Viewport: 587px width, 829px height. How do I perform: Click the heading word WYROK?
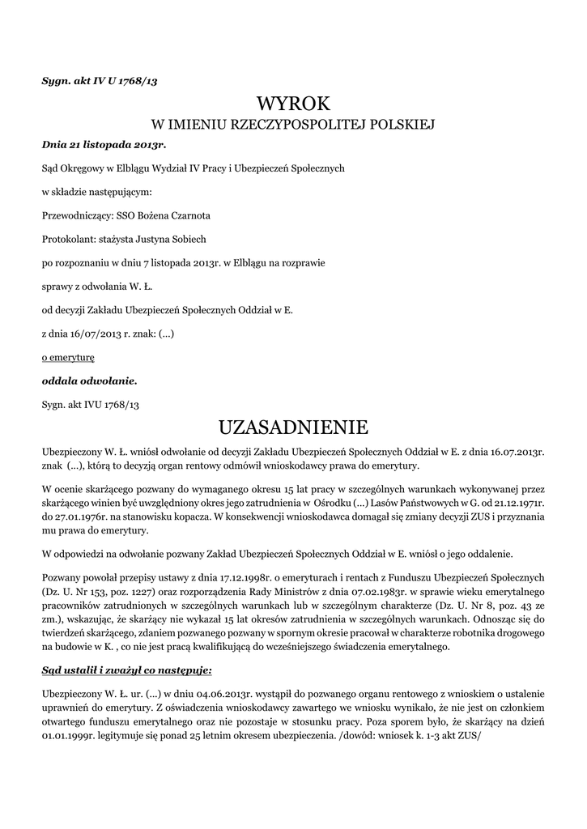pos(293,103)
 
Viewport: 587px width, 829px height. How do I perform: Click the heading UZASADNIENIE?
pos(293,427)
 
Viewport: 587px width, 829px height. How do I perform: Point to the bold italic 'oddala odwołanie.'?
pos(89,380)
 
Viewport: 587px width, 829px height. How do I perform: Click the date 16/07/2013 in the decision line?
pos(95,333)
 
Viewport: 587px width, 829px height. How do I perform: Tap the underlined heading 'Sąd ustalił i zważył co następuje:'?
pos(127,670)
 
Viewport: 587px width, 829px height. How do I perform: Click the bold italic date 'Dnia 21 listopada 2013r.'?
pos(104,144)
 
